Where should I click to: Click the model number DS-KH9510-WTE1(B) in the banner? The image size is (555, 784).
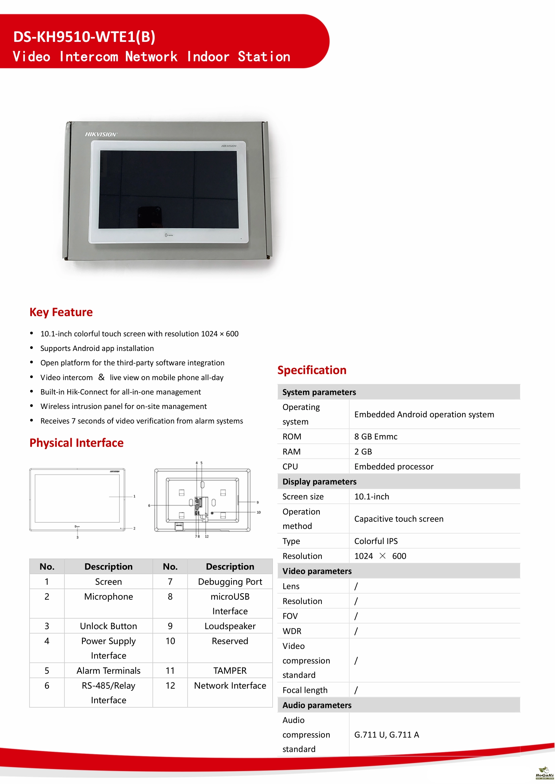pyautogui.click(x=84, y=37)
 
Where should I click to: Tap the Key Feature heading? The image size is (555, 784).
pyautogui.click(x=61, y=312)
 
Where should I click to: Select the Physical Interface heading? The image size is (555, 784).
pyautogui.click(x=76, y=443)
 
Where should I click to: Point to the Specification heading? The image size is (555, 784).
pyautogui.click(x=312, y=370)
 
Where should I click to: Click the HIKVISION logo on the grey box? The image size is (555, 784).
pyautogui.click(x=101, y=134)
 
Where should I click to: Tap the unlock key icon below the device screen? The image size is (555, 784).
pyautogui.click(x=169, y=235)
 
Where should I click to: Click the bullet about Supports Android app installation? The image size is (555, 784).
pyautogui.click(x=97, y=348)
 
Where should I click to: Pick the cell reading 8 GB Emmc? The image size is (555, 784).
pyautogui.click(x=375, y=436)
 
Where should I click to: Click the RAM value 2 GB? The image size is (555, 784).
pyautogui.click(x=363, y=451)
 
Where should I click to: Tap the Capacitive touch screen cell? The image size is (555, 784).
pyautogui.click(x=399, y=519)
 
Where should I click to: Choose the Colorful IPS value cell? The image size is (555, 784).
pyautogui.click(x=376, y=541)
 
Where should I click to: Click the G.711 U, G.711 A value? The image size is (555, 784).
pyautogui.click(x=387, y=734)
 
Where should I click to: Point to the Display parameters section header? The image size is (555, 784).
pyautogui.click(x=319, y=481)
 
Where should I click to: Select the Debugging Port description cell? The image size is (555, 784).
pyautogui.click(x=230, y=582)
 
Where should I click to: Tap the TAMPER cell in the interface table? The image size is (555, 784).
pyautogui.click(x=230, y=671)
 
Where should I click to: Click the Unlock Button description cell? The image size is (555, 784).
pyautogui.click(x=108, y=626)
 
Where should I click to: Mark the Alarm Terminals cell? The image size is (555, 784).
pyautogui.click(x=108, y=671)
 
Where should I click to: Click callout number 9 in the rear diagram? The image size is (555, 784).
pyautogui.click(x=258, y=502)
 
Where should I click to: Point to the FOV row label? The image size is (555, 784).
pyautogui.click(x=290, y=616)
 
